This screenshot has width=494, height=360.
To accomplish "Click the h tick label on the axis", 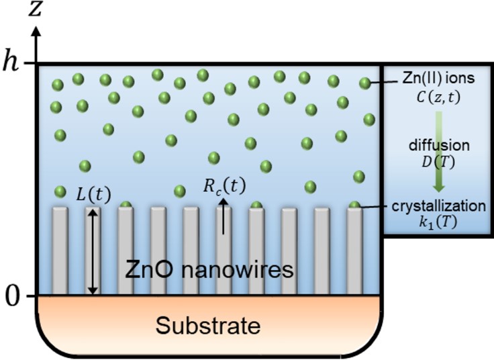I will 13,63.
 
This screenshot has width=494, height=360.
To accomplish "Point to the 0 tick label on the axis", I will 13,296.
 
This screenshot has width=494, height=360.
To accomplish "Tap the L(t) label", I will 90,195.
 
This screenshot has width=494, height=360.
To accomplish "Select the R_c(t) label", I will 224,186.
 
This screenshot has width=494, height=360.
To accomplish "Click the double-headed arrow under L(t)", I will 93,251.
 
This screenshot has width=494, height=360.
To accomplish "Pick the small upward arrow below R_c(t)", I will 223,216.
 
